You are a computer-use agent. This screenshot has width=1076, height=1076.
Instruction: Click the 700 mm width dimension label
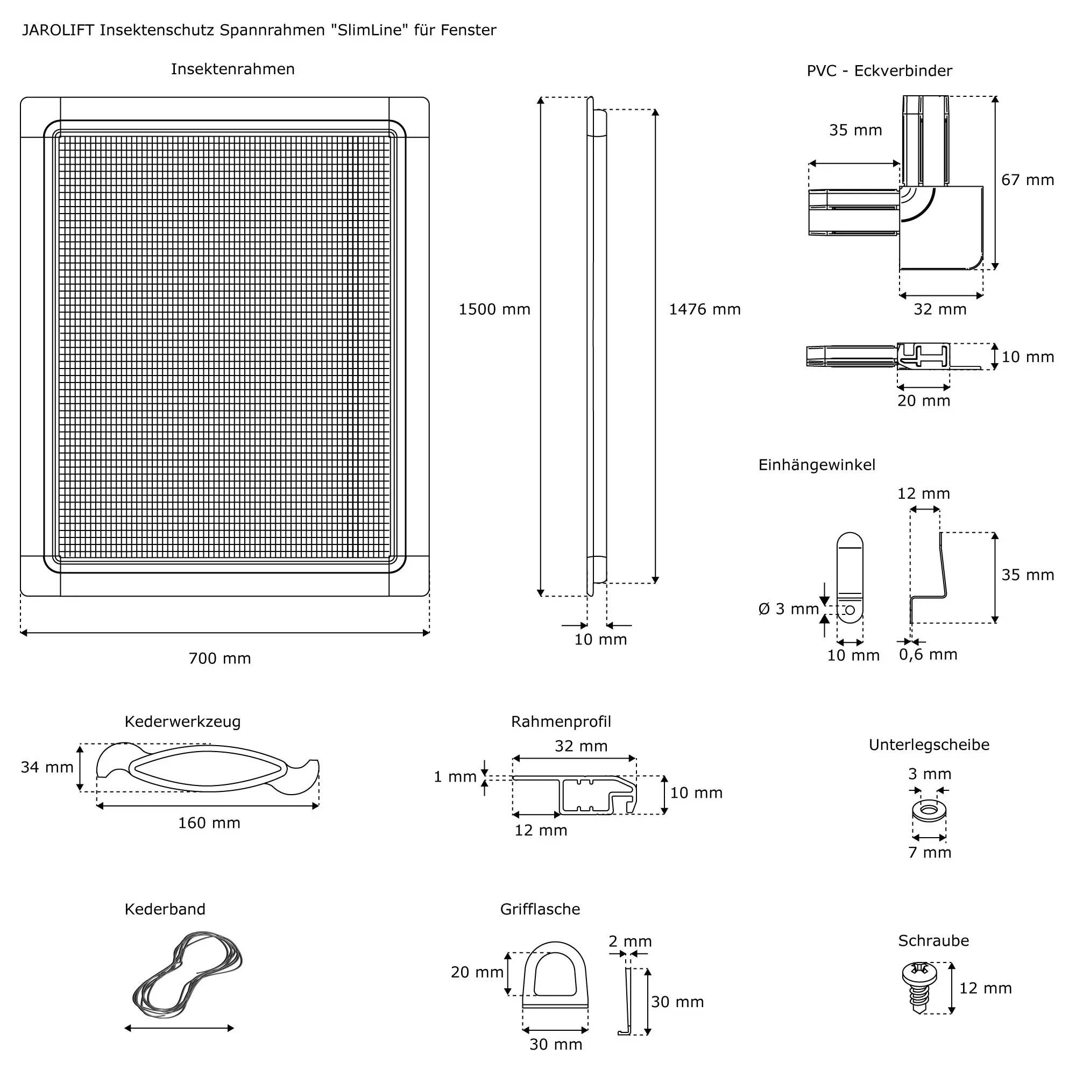[x=220, y=659]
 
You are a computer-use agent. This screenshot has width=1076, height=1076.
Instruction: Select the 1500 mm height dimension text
[x=494, y=310]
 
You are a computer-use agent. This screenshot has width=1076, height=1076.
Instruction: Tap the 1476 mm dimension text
[x=705, y=310]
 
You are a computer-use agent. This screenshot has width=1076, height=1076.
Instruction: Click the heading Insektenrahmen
[x=233, y=69]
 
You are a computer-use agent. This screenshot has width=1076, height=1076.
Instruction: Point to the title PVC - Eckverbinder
[x=880, y=70]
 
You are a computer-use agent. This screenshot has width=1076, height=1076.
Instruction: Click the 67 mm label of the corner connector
[x=1028, y=180]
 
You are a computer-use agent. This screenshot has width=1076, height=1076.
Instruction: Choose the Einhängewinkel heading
[x=817, y=465]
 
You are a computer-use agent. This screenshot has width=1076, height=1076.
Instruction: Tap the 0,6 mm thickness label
[x=928, y=654]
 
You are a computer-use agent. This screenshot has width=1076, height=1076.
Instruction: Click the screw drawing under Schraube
[x=919, y=987]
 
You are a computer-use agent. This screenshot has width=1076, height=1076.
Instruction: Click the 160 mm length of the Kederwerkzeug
[x=209, y=823]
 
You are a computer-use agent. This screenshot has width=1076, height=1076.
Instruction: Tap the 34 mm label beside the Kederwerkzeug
[x=47, y=768]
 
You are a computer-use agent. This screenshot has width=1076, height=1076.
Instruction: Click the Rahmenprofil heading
[x=561, y=722]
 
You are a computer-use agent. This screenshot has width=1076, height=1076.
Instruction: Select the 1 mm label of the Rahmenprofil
[x=455, y=777]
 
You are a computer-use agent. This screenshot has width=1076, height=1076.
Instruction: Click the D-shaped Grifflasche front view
[x=555, y=978]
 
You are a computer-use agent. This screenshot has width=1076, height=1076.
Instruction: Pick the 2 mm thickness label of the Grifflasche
[x=630, y=942]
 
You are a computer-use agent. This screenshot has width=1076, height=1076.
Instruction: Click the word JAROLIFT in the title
[x=58, y=30]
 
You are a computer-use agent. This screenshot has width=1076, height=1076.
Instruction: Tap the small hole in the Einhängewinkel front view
[x=850, y=611]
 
